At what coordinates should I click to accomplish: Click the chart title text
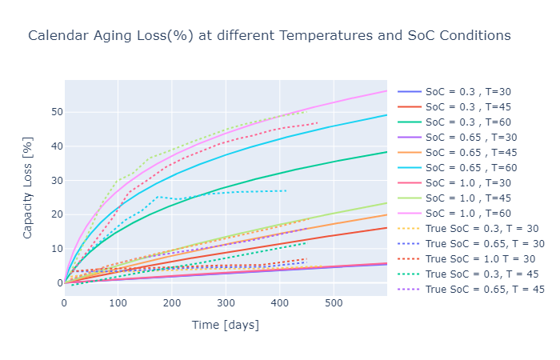(269, 36)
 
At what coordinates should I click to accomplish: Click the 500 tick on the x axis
(334, 303)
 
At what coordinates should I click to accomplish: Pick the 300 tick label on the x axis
(226, 303)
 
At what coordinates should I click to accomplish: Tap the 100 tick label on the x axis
(118, 303)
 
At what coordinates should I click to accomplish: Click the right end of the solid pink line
(386, 90)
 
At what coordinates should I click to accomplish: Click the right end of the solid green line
(386, 152)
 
